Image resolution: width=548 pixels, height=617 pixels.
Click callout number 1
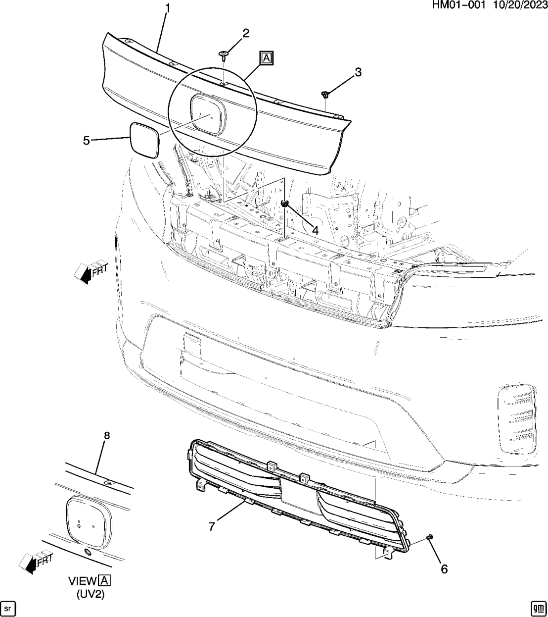pos(168,8)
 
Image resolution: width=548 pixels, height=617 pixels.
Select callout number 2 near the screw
pos(245,34)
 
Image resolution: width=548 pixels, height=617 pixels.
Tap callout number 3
pos(358,72)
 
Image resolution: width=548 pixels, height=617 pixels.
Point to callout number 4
pos(315,229)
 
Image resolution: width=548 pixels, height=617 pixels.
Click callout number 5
pos(87,141)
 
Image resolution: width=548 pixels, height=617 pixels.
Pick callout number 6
pos(444,569)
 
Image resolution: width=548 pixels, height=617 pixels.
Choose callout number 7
pos(211,526)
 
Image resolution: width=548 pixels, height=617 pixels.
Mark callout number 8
pos(106,435)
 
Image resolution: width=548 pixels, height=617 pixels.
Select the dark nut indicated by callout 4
pos(285,203)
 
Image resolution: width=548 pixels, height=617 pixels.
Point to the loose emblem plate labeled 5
pos(144,140)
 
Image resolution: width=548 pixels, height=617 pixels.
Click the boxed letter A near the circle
pos(266,58)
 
